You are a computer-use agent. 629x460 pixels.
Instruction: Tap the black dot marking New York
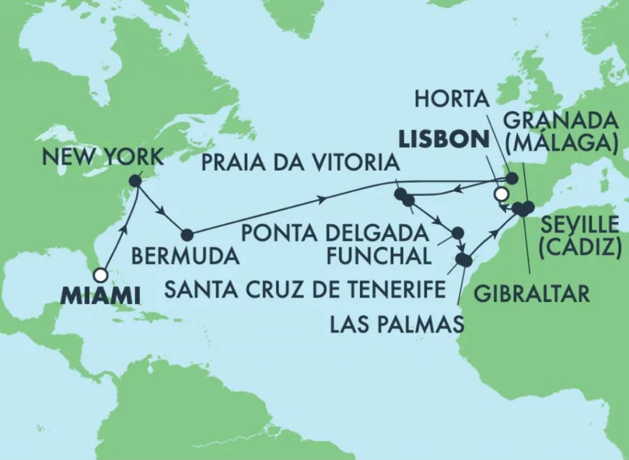(137, 181)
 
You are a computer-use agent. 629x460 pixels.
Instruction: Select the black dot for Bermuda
(187, 235)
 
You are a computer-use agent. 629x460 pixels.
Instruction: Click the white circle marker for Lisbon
(501, 195)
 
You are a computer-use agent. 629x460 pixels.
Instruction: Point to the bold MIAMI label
(101, 297)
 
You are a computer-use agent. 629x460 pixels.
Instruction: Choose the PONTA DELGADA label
(334, 233)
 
